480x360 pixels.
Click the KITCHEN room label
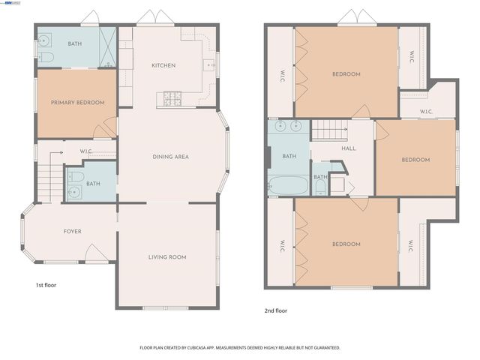163,65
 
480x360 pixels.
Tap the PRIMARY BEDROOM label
77,102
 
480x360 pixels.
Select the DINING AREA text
170,157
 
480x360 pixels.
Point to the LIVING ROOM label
166,257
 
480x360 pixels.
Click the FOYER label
72,232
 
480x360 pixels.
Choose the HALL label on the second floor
349,148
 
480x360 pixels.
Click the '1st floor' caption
46,285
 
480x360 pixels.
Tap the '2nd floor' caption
276,310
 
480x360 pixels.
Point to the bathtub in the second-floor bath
288,185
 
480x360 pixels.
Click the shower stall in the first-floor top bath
108,47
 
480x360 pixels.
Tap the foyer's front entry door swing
96,253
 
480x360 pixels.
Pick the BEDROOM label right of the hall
415,160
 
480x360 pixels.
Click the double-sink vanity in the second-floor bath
289,126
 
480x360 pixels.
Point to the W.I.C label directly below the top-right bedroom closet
426,112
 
